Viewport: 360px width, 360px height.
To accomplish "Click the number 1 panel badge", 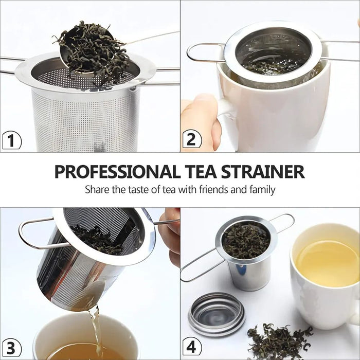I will click(x=11, y=140).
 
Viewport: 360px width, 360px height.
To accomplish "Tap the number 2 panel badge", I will click(x=192, y=140).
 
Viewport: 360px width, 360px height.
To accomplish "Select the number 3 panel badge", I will click(x=11, y=347).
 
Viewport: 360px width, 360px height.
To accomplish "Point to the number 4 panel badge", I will click(x=192, y=347).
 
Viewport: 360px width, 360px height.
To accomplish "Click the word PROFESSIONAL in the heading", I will click(x=117, y=171).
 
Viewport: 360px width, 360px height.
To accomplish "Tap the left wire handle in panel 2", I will click(x=203, y=52).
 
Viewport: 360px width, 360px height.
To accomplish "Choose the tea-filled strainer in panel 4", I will click(x=246, y=247).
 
